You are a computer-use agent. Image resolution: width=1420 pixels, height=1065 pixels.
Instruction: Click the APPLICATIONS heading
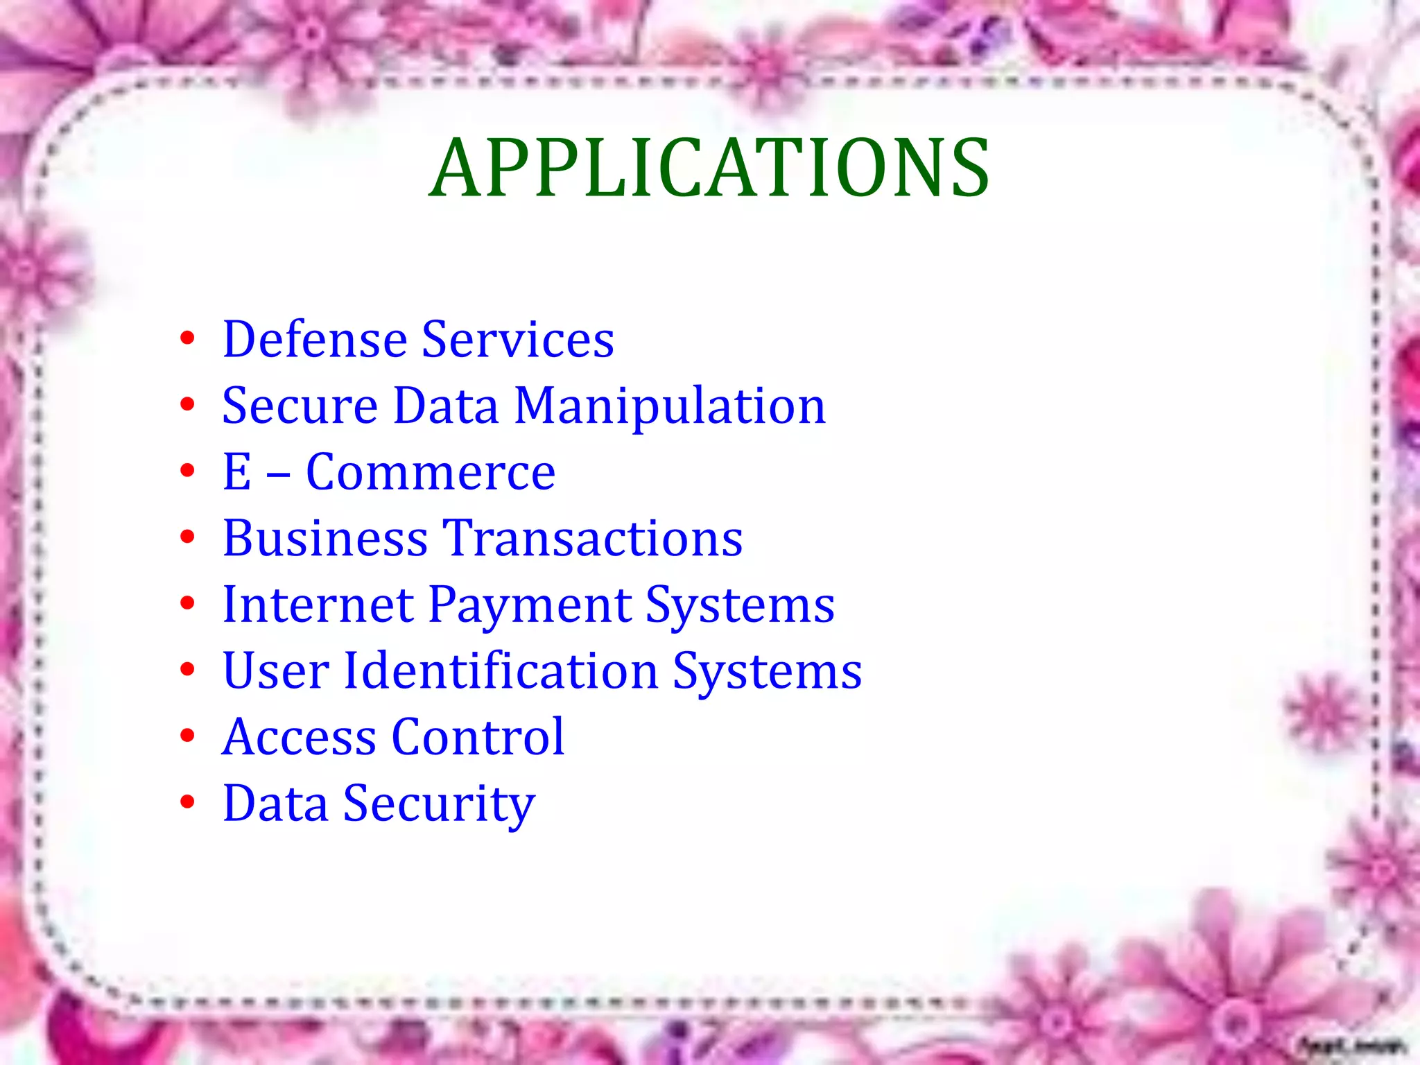click(709, 168)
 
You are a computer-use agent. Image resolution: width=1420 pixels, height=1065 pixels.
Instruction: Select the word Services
click(518, 340)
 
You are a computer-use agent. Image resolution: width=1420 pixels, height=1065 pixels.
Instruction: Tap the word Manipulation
click(670, 406)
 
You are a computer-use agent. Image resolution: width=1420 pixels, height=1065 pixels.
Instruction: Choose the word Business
click(325, 539)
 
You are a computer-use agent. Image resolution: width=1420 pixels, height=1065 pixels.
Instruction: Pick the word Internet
click(318, 605)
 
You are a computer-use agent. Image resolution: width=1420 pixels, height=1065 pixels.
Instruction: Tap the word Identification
click(501, 671)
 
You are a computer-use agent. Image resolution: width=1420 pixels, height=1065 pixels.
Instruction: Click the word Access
click(300, 737)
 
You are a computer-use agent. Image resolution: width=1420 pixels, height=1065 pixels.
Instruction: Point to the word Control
click(478, 737)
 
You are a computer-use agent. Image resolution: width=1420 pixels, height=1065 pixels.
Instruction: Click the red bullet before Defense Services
click(187, 339)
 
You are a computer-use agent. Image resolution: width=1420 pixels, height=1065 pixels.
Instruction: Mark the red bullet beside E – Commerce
click(187, 471)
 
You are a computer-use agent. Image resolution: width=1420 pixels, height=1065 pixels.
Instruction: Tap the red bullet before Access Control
click(187, 736)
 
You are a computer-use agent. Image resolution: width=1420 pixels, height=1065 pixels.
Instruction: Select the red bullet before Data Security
click(187, 802)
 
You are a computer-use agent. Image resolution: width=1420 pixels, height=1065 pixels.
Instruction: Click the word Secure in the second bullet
click(300, 406)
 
